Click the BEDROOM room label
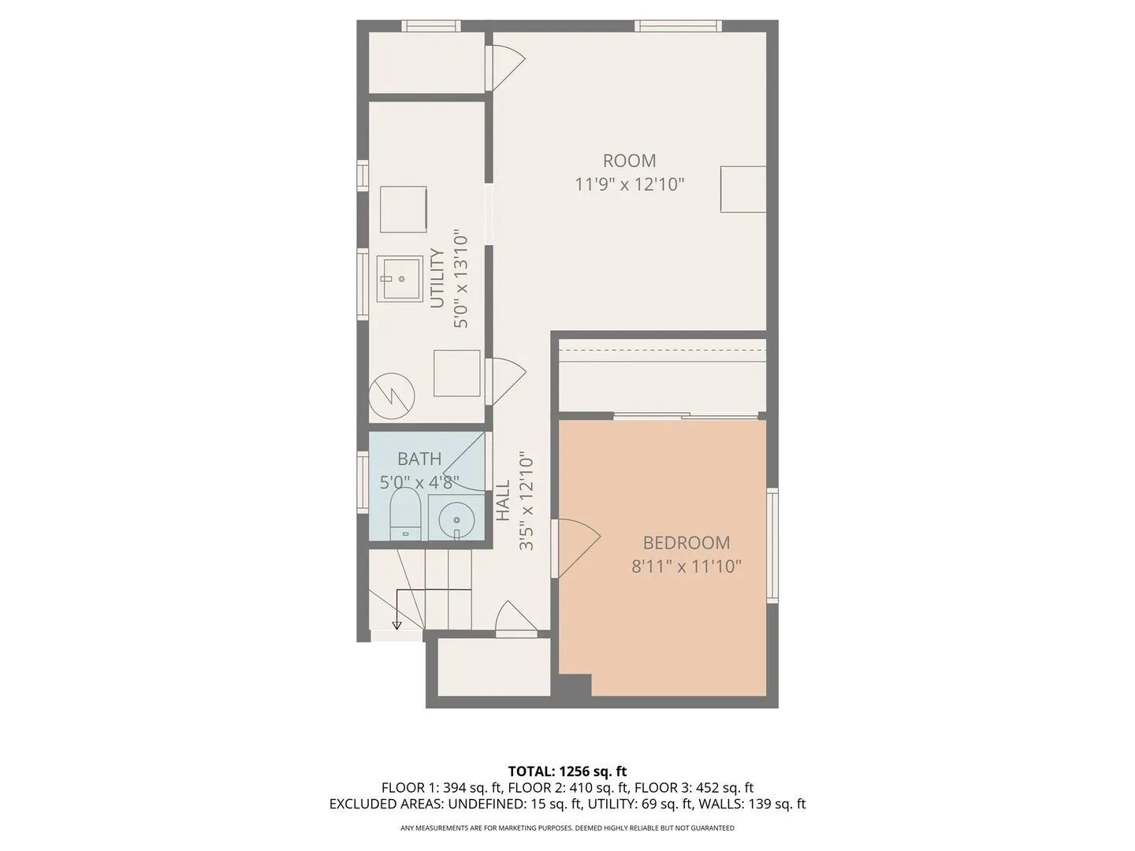pyautogui.click(x=687, y=543)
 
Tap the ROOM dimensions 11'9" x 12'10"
pyautogui.click(x=629, y=184)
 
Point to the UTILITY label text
pyautogui.click(x=437, y=278)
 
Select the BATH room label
pyautogui.click(x=419, y=459)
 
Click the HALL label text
pyautogui.click(x=503, y=500)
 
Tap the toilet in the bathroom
pyautogui.click(x=405, y=514)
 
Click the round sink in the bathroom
pyautogui.click(x=456, y=520)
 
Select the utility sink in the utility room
pyautogui.click(x=400, y=278)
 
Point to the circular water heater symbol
pyautogui.click(x=392, y=396)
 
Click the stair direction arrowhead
pyautogui.click(x=396, y=626)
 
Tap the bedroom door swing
pyautogui.click(x=578, y=548)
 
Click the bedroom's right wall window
pyautogui.click(x=772, y=545)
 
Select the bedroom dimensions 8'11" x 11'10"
pyautogui.click(x=687, y=567)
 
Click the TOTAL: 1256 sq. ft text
pyautogui.click(x=567, y=771)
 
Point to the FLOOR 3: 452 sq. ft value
pyautogui.click(x=694, y=788)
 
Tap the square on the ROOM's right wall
pyautogui.click(x=743, y=189)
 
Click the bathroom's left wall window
pyautogui.click(x=363, y=482)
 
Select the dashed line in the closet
pyautogui.click(x=663, y=351)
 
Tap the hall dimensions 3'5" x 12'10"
pyautogui.click(x=527, y=502)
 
